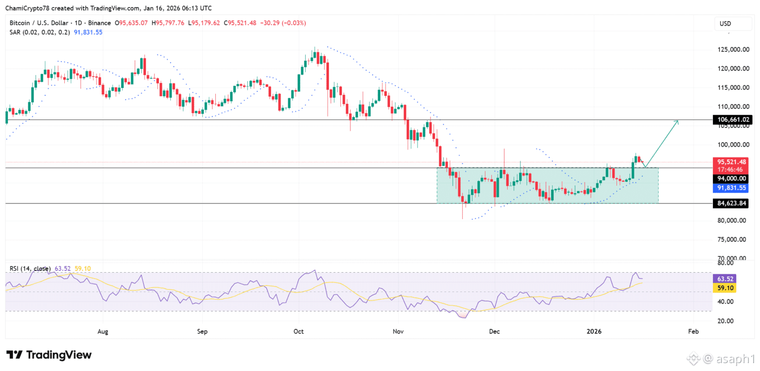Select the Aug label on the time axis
pos(102,331)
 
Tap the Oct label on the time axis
pos(298,331)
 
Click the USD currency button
pos(725,24)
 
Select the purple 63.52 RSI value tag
pos(724,279)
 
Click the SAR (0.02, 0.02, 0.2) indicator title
pos(40,32)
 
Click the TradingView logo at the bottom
pos(48,355)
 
